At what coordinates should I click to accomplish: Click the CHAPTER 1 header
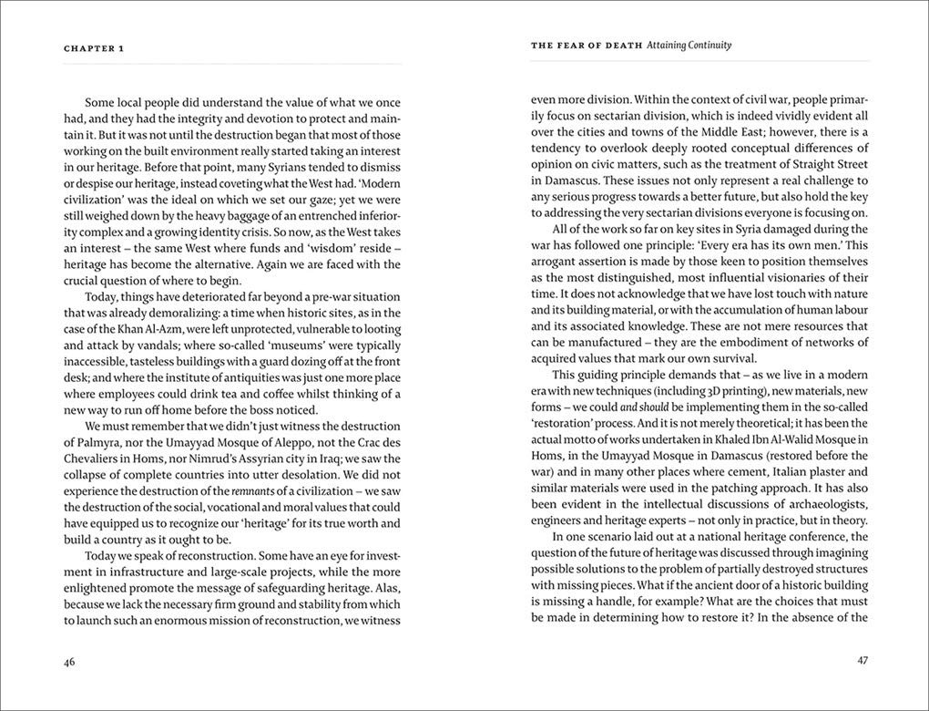pos(94,48)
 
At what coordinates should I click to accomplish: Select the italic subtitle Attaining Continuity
pos(689,45)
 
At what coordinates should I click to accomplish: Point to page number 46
pos(70,662)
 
